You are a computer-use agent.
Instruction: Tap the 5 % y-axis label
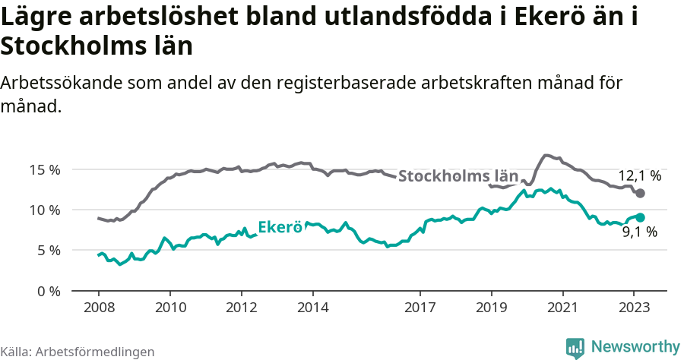[48, 250]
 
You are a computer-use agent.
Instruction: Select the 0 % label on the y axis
[48, 291]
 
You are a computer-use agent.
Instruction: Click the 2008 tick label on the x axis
[99, 307]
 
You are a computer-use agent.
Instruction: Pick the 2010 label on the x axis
[170, 307]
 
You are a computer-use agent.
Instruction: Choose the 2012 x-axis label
[242, 307]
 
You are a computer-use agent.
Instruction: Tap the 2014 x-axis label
[313, 307]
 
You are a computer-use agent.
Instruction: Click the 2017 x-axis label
[420, 307]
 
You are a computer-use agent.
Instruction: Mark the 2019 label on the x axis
[491, 307]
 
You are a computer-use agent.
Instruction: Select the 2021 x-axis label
[562, 307]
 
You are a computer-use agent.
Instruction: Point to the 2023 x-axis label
[634, 307]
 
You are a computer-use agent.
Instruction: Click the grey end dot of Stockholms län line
[640, 194]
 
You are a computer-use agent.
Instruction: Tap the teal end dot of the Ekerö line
[640, 217]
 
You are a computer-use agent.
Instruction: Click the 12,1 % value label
[638, 175]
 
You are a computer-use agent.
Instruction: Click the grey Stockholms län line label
[458, 176]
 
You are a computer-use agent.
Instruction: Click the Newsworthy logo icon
[575, 347]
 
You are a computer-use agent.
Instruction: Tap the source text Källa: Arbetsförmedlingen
[78, 352]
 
